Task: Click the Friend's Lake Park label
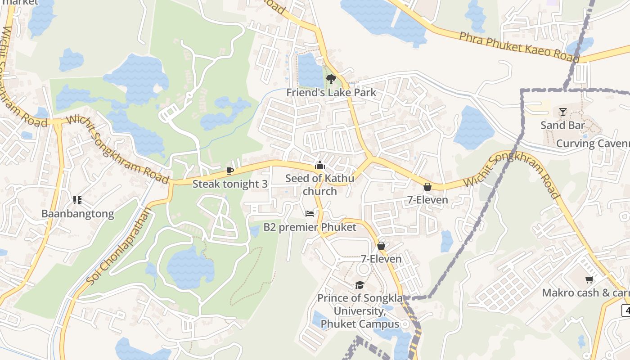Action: coord(331,93)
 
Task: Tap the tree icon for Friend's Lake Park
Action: coord(331,80)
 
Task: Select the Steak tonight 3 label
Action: coord(230,184)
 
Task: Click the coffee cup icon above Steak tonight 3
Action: coord(230,171)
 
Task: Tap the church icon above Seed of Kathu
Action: coord(320,165)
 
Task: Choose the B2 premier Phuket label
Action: coord(310,227)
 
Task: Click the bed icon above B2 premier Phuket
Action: coord(309,213)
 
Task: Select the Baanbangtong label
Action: coord(77,214)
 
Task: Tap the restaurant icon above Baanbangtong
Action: coord(77,200)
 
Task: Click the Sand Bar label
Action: coord(562,126)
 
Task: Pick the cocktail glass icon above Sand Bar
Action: coord(562,112)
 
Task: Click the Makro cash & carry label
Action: coord(585,293)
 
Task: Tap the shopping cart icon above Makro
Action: coord(589,279)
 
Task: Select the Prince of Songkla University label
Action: coord(358,311)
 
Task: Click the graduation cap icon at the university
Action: coord(359,285)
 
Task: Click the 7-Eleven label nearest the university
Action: coord(381,259)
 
